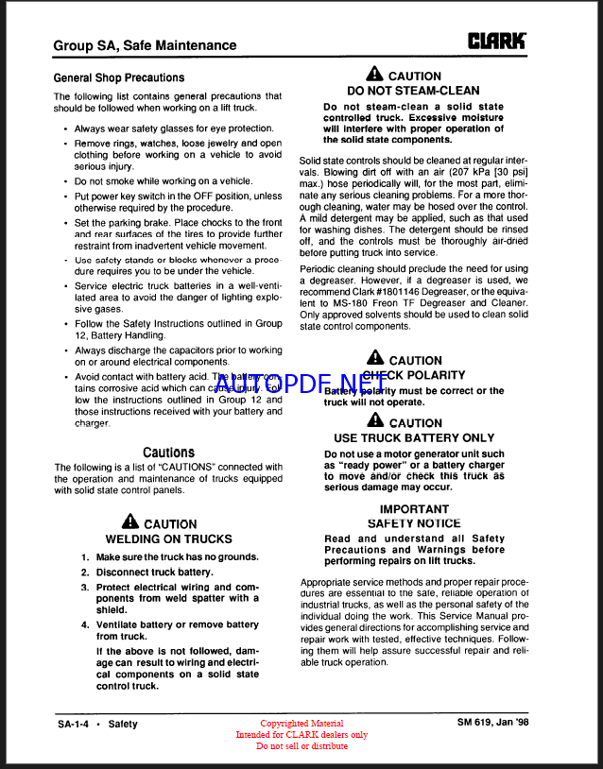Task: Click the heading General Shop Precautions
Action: tap(118, 77)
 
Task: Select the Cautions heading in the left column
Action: tap(168, 453)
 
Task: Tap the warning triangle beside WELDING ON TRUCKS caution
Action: tap(130, 522)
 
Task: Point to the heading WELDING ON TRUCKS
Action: tap(168, 539)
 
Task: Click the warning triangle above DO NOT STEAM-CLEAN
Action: tap(374, 75)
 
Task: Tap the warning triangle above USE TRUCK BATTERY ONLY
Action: tap(374, 422)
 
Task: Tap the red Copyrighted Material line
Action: tap(301, 724)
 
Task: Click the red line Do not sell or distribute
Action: tap(301, 746)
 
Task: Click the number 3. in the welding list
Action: tap(85, 587)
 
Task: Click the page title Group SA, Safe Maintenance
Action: tap(145, 44)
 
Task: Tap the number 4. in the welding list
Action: tap(85, 624)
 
